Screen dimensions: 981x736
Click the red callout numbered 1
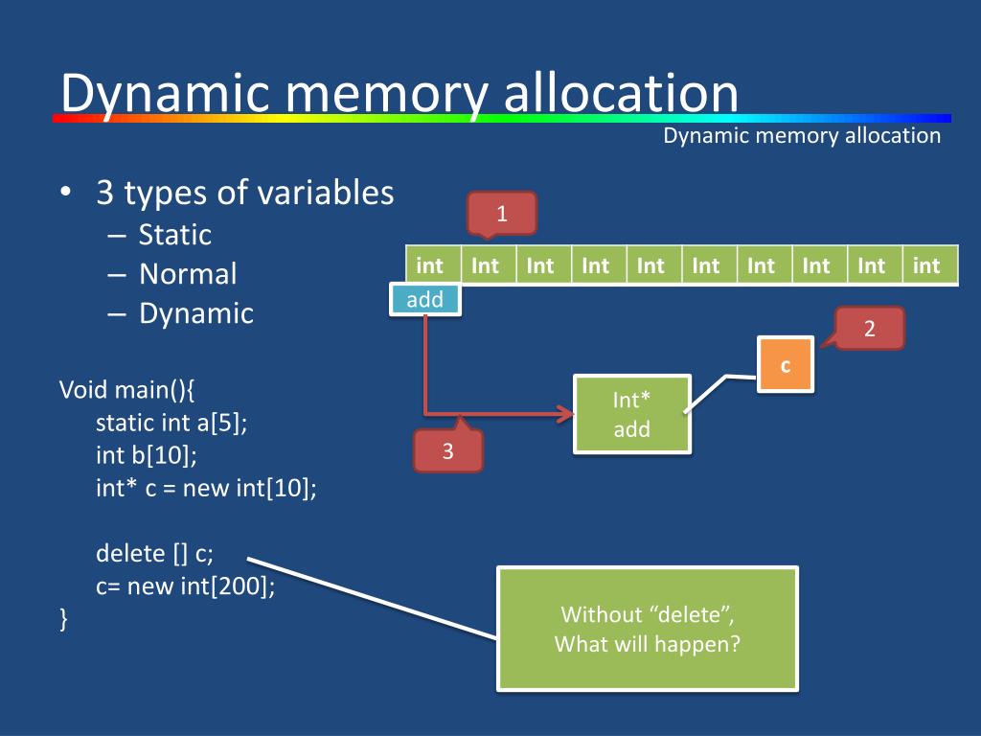coord(502,214)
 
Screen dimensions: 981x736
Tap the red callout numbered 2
coord(868,328)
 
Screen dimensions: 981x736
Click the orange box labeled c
coord(786,365)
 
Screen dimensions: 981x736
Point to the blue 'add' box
coord(425,299)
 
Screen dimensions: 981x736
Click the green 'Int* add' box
coord(632,414)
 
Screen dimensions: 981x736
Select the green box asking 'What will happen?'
coord(648,629)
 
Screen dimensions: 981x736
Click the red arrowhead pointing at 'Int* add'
coord(567,414)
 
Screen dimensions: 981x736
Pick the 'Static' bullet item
coord(175,235)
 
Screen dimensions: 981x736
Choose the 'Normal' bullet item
coord(188,274)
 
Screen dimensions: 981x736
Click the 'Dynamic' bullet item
coord(196,313)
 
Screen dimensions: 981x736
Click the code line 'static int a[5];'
coord(171,423)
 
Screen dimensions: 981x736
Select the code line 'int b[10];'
coord(147,455)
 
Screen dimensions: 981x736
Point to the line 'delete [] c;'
coord(154,553)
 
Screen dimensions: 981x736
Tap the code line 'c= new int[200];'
coord(185,586)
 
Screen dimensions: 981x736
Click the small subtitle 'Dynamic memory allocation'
coord(802,136)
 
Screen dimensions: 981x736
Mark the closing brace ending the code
coord(63,618)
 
